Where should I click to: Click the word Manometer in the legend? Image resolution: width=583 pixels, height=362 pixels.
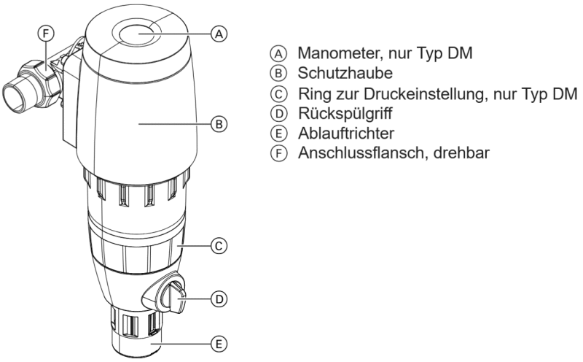(x=335, y=53)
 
